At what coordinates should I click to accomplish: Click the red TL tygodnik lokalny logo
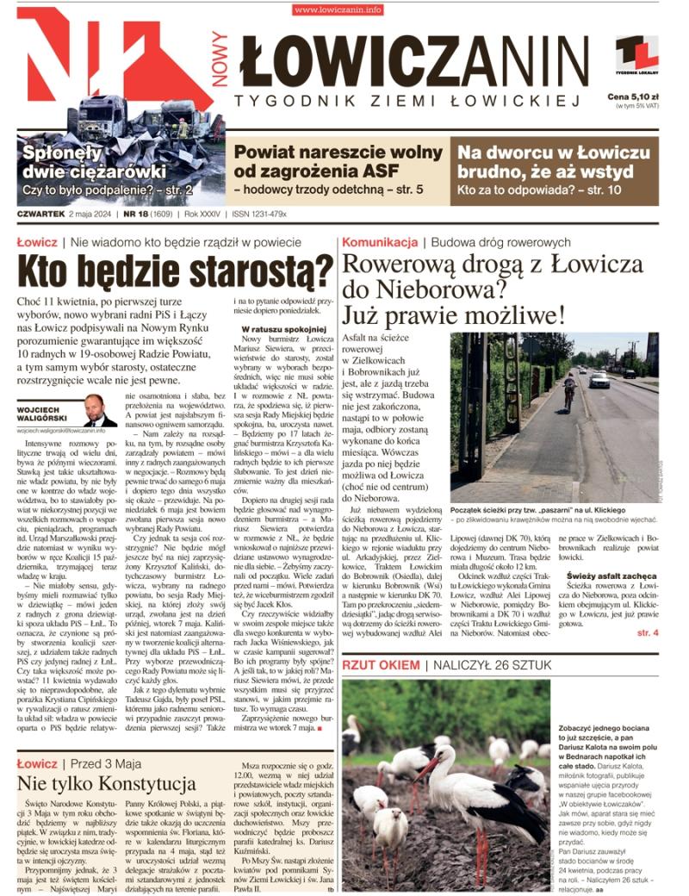click(x=636, y=53)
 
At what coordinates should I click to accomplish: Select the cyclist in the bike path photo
click(x=568, y=390)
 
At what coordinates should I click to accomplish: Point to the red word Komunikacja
click(x=380, y=242)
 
